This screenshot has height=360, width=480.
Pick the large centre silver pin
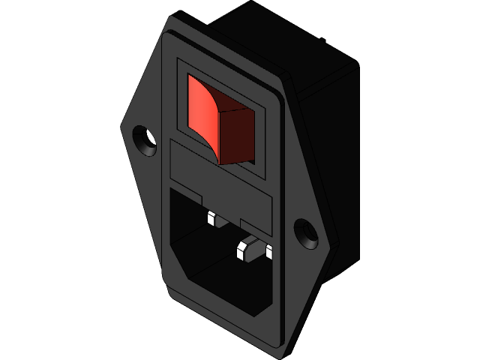coord(244,249)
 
